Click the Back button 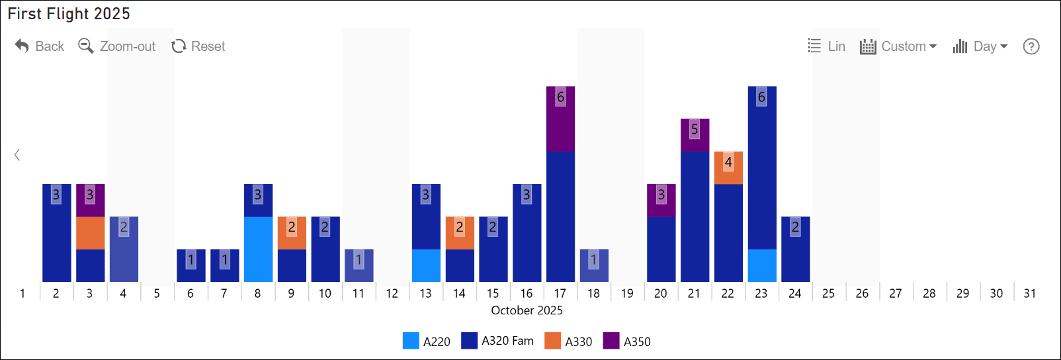coord(40,46)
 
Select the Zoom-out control coord(117,46)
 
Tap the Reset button coord(198,46)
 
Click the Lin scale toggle coord(827,46)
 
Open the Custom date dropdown coord(898,46)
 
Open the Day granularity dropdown coord(980,46)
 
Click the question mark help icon coord(1031,46)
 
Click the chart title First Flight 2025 coord(69,14)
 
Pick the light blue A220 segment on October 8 coord(258,249)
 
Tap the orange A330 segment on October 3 coord(90,233)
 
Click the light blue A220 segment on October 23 coord(762,265)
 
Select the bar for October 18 coord(594,265)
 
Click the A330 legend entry coord(568,341)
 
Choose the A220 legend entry coord(427,341)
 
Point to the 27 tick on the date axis coord(896,293)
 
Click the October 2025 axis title coord(527,310)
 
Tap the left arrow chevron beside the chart coord(17,155)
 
